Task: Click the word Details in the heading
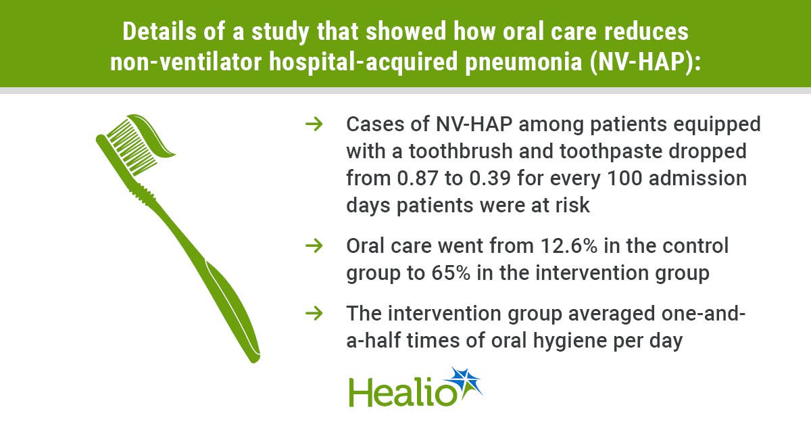[159, 32]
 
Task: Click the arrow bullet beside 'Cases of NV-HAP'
[314, 124]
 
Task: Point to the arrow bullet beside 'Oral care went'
[314, 246]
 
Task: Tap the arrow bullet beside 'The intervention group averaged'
[314, 313]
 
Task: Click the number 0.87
[418, 179]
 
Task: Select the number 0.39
[490, 179]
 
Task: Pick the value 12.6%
[569, 246]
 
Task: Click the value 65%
[451, 273]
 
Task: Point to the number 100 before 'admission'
[624, 179]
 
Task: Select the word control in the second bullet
[695, 246]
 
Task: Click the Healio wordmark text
[403, 392]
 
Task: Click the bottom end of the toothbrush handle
[255, 358]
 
